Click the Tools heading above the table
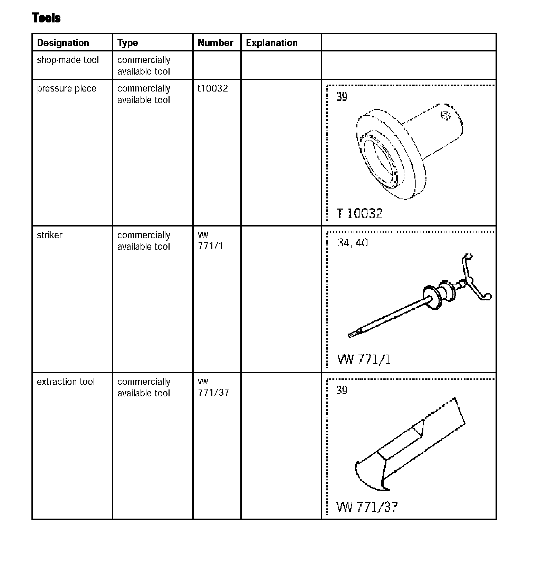point(46,18)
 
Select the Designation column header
point(63,43)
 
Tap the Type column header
point(127,43)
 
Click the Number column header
point(215,43)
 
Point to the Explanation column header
point(271,43)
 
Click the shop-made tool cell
point(68,60)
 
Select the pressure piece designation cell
point(66,89)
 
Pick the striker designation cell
point(49,235)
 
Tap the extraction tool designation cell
point(66,382)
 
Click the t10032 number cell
point(213,89)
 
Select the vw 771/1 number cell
point(210,241)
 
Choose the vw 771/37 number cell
point(213,387)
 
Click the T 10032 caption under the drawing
point(359,213)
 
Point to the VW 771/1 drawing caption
point(364,360)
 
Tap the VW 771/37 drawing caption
point(367,507)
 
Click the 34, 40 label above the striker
point(352,243)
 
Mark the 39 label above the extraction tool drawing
point(342,390)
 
